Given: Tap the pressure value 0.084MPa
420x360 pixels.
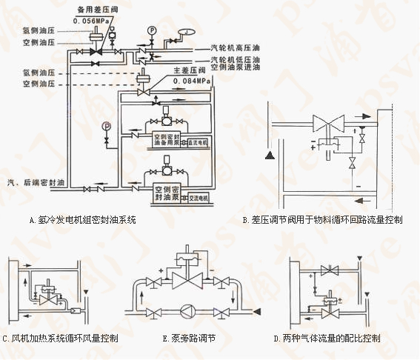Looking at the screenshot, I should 192,80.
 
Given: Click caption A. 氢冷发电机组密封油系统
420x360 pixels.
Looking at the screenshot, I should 83,220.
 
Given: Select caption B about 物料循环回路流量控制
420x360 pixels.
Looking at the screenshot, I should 323,220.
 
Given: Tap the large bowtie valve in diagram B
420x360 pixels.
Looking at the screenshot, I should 324,121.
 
